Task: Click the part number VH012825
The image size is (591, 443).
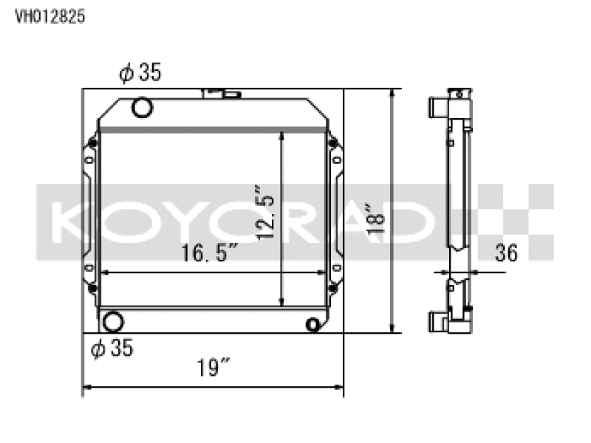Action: pos(50,16)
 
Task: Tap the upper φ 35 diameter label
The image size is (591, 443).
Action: pos(140,72)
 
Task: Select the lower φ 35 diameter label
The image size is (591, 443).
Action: pos(112,348)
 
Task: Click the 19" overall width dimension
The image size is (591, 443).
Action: pos(213,368)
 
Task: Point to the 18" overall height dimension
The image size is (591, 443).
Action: pos(375,219)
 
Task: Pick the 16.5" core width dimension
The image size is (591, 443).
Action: pos(210,253)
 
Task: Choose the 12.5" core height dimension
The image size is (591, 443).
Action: pos(265,213)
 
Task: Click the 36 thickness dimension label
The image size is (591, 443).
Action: pos(506,253)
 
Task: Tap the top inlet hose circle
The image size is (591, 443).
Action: pos(142,107)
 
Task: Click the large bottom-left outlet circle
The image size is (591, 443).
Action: pos(113,322)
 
